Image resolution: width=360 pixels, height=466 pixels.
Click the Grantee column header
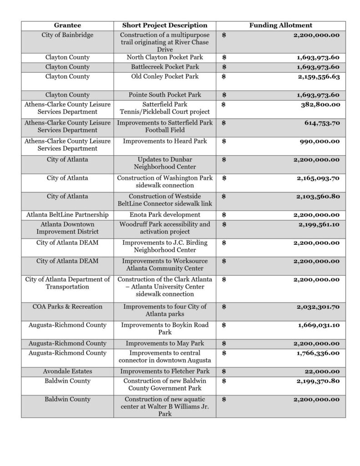(x=67, y=25)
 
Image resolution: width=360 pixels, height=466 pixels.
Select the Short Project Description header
(x=165, y=25)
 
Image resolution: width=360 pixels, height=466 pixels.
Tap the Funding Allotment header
(x=280, y=25)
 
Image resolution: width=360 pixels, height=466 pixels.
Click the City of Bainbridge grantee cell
(x=67, y=35)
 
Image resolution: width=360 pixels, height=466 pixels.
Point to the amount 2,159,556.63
(x=319, y=76)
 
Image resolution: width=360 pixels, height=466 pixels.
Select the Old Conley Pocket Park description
(x=165, y=76)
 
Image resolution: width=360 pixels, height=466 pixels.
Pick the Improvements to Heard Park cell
(x=165, y=141)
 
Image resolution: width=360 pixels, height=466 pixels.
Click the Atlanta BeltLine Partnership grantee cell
(x=67, y=215)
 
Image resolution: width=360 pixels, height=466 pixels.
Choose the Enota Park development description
(x=165, y=215)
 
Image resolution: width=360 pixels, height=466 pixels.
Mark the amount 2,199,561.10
(x=319, y=224)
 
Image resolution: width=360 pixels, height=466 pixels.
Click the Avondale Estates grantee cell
(x=67, y=371)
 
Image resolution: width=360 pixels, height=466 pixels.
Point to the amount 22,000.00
(x=324, y=371)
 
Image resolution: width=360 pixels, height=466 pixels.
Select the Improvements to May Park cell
(x=165, y=344)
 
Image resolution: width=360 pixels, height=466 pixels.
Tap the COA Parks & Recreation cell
(x=67, y=307)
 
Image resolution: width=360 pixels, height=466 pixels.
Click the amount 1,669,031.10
(x=319, y=325)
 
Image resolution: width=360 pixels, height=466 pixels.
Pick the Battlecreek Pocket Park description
(x=165, y=67)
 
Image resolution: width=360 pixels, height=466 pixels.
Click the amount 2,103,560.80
(x=319, y=197)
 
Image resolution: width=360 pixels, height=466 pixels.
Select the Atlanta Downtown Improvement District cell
(x=67, y=228)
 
